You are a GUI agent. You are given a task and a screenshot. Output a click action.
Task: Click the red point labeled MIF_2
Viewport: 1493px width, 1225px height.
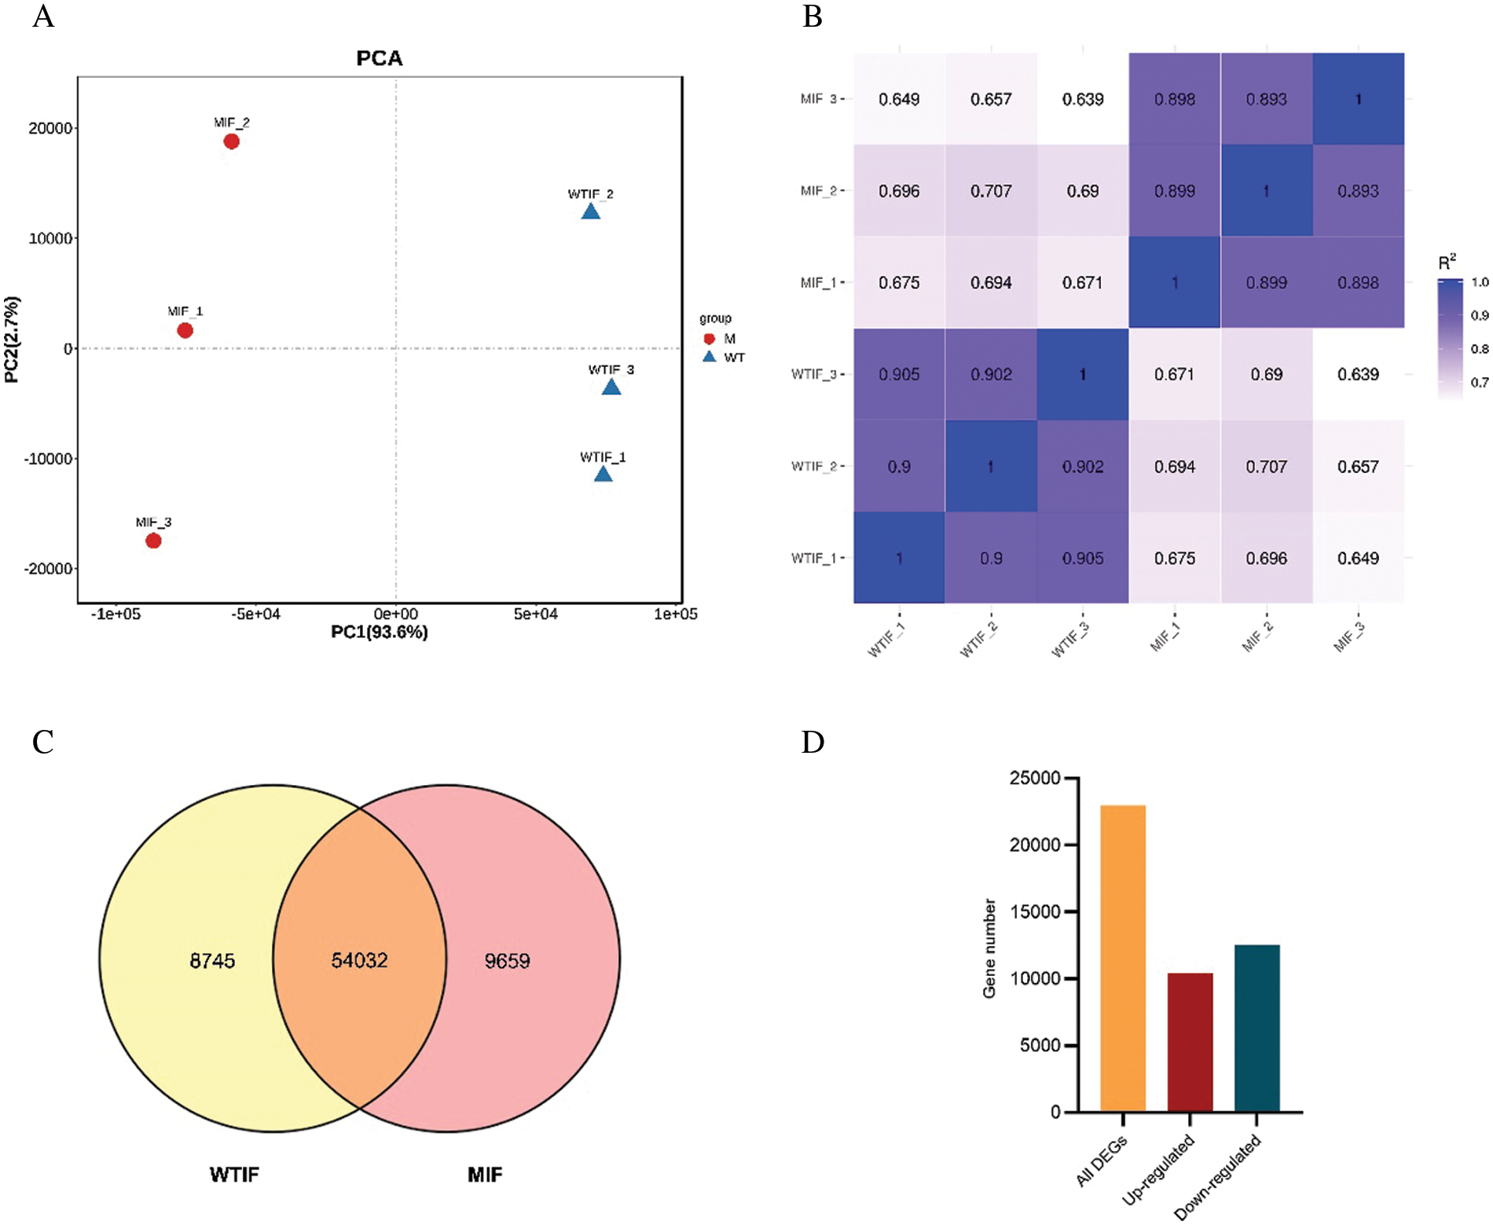pyautogui.click(x=231, y=141)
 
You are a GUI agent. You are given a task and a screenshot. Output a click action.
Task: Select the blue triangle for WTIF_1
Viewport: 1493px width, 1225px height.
pyautogui.click(x=603, y=474)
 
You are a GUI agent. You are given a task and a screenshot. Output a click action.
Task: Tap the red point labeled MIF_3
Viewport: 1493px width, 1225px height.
pyautogui.click(x=153, y=541)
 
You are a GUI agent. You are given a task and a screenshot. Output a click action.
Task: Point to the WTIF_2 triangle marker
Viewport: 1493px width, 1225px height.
pyautogui.click(x=590, y=211)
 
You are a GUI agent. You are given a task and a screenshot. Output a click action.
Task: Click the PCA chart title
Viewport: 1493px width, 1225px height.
pyautogui.click(x=379, y=58)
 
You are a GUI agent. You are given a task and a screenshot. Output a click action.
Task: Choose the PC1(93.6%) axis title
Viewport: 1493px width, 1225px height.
pyautogui.click(x=379, y=633)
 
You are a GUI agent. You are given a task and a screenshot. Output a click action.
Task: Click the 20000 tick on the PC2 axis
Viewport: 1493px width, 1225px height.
pyautogui.click(x=50, y=128)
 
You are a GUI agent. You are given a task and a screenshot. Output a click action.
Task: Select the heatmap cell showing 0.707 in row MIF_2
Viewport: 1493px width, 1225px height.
pyautogui.click(x=991, y=191)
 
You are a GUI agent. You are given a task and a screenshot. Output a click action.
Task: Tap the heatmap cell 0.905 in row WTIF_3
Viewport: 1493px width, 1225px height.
pyautogui.click(x=899, y=375)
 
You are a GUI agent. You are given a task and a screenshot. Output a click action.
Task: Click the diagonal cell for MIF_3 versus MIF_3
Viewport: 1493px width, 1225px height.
pyautogui.click(x=1358, y=99)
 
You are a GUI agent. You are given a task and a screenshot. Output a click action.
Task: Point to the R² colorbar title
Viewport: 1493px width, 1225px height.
pyautogui.click(x=1446, y=263)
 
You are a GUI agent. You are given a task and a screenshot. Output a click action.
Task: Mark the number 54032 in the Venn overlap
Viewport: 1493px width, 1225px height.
pyautogui.click(x=359, y=960)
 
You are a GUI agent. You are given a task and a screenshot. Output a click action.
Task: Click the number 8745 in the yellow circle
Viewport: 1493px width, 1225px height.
pyautogui.click(x=212, y=961)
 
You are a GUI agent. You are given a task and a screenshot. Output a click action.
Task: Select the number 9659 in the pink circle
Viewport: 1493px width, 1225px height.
pyautogui.click(x=507, y=961)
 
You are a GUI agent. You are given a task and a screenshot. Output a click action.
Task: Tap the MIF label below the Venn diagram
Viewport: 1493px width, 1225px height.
pyautogui.click(x=484, y=1175)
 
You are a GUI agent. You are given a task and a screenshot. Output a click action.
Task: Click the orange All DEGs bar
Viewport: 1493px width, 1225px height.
pyautogui.click(x=1122, y=959)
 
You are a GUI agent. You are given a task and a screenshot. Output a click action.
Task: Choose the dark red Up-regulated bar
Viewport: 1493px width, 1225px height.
pyautogui.click(x=1190, y=1043)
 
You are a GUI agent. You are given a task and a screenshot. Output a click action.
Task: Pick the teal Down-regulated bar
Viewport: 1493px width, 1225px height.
pyautogui.click(x=1256, y=1029)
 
